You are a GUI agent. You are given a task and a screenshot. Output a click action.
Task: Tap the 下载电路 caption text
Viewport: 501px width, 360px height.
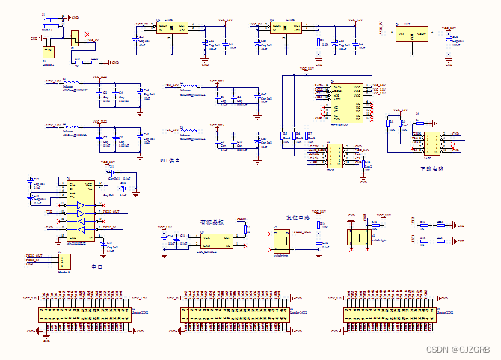(433, 169)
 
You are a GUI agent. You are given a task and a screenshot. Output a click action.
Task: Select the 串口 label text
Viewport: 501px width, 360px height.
(96, 266)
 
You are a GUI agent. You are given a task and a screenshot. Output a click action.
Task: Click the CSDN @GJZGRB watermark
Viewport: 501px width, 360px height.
(458, 350)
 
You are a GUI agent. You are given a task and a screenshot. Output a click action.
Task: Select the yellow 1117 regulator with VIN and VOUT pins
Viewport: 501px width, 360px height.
(412, 37)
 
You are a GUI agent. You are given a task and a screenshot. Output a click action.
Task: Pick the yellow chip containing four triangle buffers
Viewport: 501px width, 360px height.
(80, 210)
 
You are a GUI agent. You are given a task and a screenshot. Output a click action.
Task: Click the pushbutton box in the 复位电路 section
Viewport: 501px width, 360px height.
(283, 241)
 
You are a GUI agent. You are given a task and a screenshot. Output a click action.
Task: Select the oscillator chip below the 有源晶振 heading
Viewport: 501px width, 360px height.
(215, 240)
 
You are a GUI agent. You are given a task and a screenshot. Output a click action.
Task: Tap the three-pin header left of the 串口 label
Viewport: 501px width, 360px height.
(64, 261)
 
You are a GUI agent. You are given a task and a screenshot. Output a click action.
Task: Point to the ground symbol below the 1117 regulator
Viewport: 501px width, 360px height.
(449, 64)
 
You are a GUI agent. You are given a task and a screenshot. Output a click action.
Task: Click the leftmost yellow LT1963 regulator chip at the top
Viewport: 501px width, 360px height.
(172, 28)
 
